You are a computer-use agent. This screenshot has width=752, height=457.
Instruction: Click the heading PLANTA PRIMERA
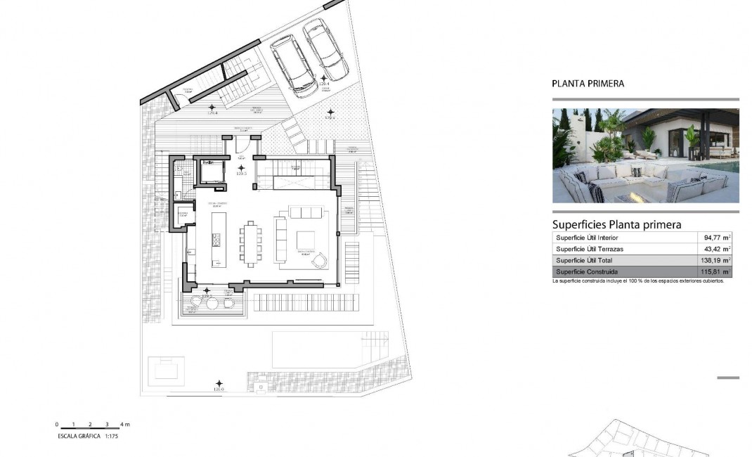[x=588, y=84]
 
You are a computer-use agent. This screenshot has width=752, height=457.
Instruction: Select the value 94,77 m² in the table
[x=714, y=238]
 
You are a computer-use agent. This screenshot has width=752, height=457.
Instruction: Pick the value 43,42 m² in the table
[x=714, y=249]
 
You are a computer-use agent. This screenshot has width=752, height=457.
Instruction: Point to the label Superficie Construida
[x=587, y=271]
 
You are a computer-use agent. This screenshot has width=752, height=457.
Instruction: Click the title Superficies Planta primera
[x=616, y=225]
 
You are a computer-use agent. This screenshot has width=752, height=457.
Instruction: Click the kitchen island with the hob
[x=216, y=238]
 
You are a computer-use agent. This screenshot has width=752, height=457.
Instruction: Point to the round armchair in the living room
[x=319, y=261]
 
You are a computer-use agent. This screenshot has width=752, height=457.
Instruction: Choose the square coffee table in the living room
[x=305, y=240]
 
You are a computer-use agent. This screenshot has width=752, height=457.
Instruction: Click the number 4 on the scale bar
[x=122, y=425]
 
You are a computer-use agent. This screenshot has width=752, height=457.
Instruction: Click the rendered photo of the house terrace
[x=645, y=155]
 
